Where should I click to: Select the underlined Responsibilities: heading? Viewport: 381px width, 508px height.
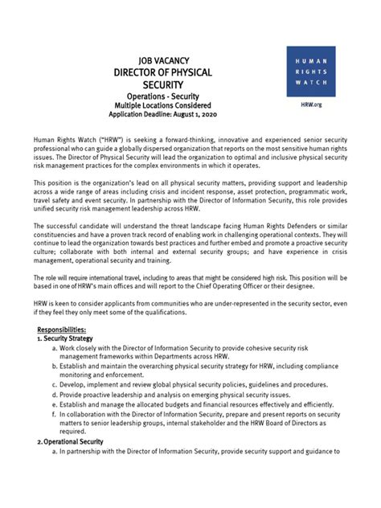pos(67,330)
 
